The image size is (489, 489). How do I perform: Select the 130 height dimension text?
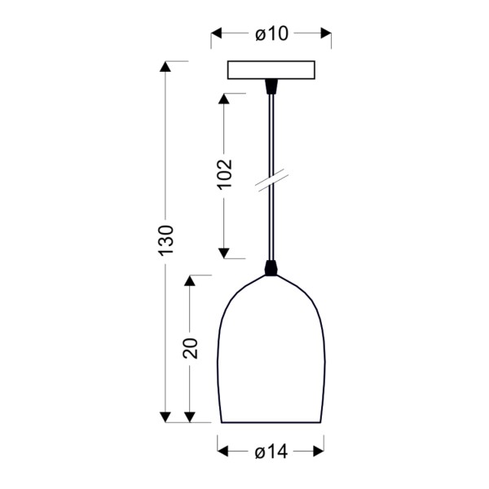(x=165, y=241)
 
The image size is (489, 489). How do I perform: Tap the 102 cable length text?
(x=224, y=174)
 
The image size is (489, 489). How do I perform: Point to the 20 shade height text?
(x=190, y=348)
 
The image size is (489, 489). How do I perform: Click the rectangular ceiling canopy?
(x=271, y=71)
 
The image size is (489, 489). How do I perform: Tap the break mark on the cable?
(x=270, y=181)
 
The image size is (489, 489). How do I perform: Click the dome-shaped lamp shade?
(x=271, y=359)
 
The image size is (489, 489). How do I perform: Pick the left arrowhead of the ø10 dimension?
(x=217, y=33)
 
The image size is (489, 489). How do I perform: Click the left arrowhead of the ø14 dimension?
(x=223, y=451)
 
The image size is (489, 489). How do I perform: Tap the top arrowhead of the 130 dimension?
(x=165, y=67)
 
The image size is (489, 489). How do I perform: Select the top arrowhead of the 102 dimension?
(x=224, y=99)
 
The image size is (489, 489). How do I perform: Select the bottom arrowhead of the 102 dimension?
(x=224, y=252)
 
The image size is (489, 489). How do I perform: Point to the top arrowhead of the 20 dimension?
(x=190, y=280)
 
